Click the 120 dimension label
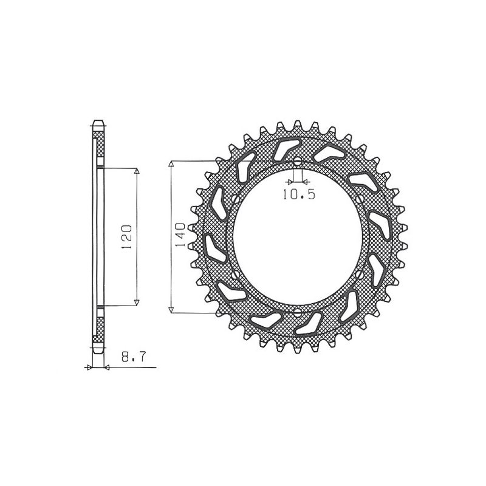[127, 236]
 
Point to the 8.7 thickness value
[132, 358]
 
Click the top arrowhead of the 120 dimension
[137, 172]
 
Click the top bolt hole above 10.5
[297, 162]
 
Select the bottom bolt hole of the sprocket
[297, 313]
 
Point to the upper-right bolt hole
[362, 200]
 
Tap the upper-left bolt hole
[234, 199]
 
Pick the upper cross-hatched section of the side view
[99, 146]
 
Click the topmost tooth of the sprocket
[298, 123]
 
